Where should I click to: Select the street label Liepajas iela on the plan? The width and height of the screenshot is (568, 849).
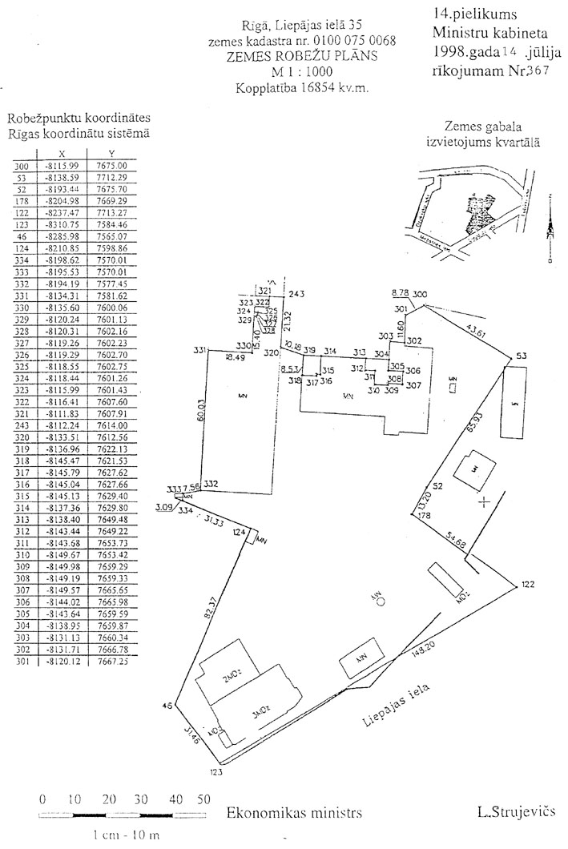[x=397, y=706]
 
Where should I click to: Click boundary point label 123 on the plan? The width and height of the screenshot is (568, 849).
[x=215, y=773]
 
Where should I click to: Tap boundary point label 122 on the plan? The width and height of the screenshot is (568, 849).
[x=526, y=585]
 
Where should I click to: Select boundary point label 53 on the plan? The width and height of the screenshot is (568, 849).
[x=522, y=356]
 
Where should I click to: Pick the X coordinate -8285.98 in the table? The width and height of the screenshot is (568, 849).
[x=62, y=237]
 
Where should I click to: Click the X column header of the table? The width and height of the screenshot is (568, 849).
[x=62, y=155]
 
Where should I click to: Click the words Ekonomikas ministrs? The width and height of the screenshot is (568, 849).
[x=294, y=812]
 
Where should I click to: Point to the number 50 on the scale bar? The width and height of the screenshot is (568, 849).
[x=203, y=799]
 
